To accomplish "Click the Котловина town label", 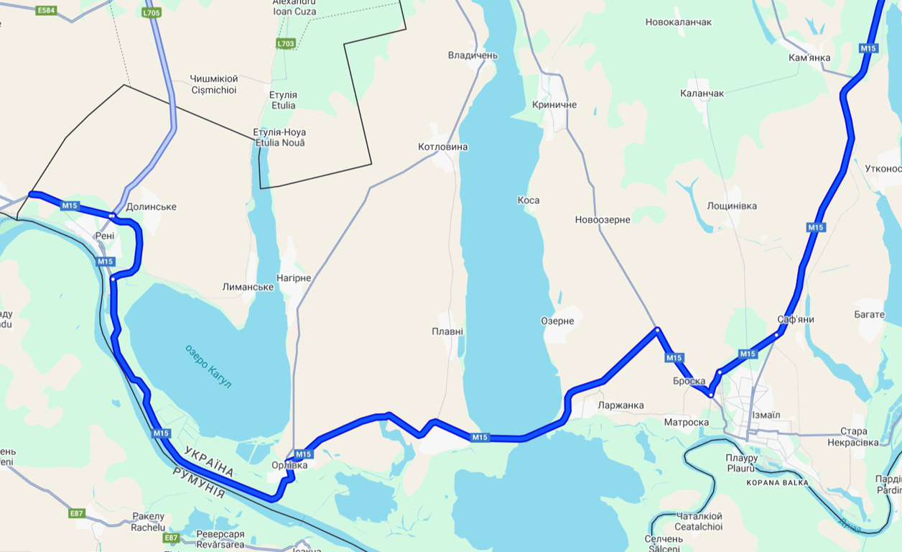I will pos(442,147).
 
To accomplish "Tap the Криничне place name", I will pos(554,105).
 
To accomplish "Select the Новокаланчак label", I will pos(678,22).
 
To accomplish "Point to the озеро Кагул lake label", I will pos(208,366).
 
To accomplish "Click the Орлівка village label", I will pos(289,466).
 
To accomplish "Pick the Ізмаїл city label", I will pos(766,415).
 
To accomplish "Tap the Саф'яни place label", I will pos(796,319).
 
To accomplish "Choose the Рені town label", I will pos(104,236).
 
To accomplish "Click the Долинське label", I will pos(151,207).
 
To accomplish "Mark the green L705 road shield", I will pos(152,13).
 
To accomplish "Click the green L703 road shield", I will pos(285,44).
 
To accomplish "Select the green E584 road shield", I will pos(47,10).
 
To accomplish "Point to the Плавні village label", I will pos(447,332).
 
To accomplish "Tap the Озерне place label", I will pos(557,321).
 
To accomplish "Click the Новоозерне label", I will pos(603,220).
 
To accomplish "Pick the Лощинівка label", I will pos(732,206).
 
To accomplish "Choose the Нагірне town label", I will pos(294,278).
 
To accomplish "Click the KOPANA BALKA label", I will pos(777,483).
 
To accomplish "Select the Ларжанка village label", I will pos(620,405).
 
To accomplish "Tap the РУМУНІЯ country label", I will pos(198,482).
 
